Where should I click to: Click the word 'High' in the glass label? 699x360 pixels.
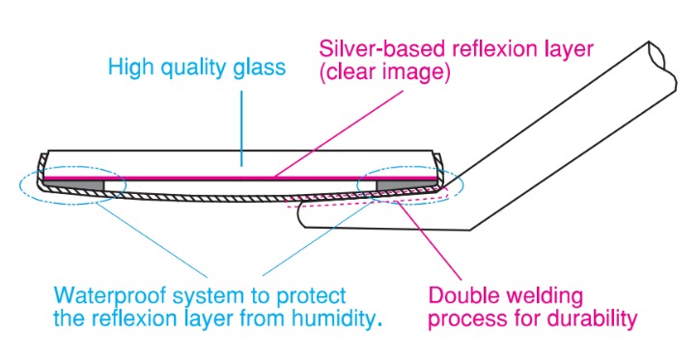click(x=128, y=68)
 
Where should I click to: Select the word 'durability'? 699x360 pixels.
click(x=597, y=317)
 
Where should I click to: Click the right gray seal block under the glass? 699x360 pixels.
click(x=395, y=183)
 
